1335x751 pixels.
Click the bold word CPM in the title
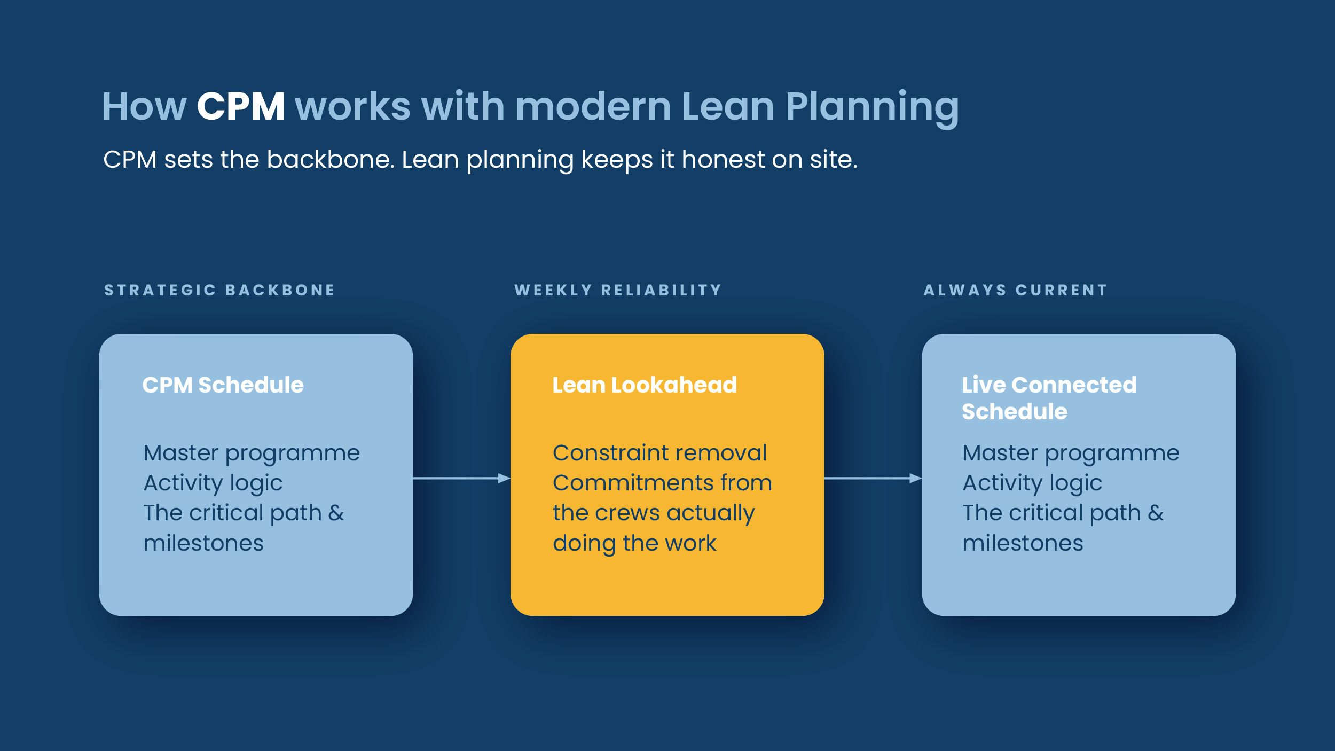pos(241,106)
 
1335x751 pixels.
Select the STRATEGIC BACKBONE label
pos(219,290)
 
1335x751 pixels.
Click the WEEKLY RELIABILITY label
pos(618,290)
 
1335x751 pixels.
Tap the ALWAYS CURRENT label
pos(1015,290)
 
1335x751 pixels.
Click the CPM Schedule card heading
pos(223,385)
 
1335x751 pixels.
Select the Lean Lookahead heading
pos(645,385)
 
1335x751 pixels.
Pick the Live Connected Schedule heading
pos(1049,398)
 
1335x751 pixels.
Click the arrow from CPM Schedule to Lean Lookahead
pos(462,478)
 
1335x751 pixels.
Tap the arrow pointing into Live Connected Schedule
pos(873,478)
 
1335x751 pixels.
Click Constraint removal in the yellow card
pos(659,453)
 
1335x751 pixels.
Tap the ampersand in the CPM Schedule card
pos(336,513)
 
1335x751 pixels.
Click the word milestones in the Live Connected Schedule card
pos(1023,543)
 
